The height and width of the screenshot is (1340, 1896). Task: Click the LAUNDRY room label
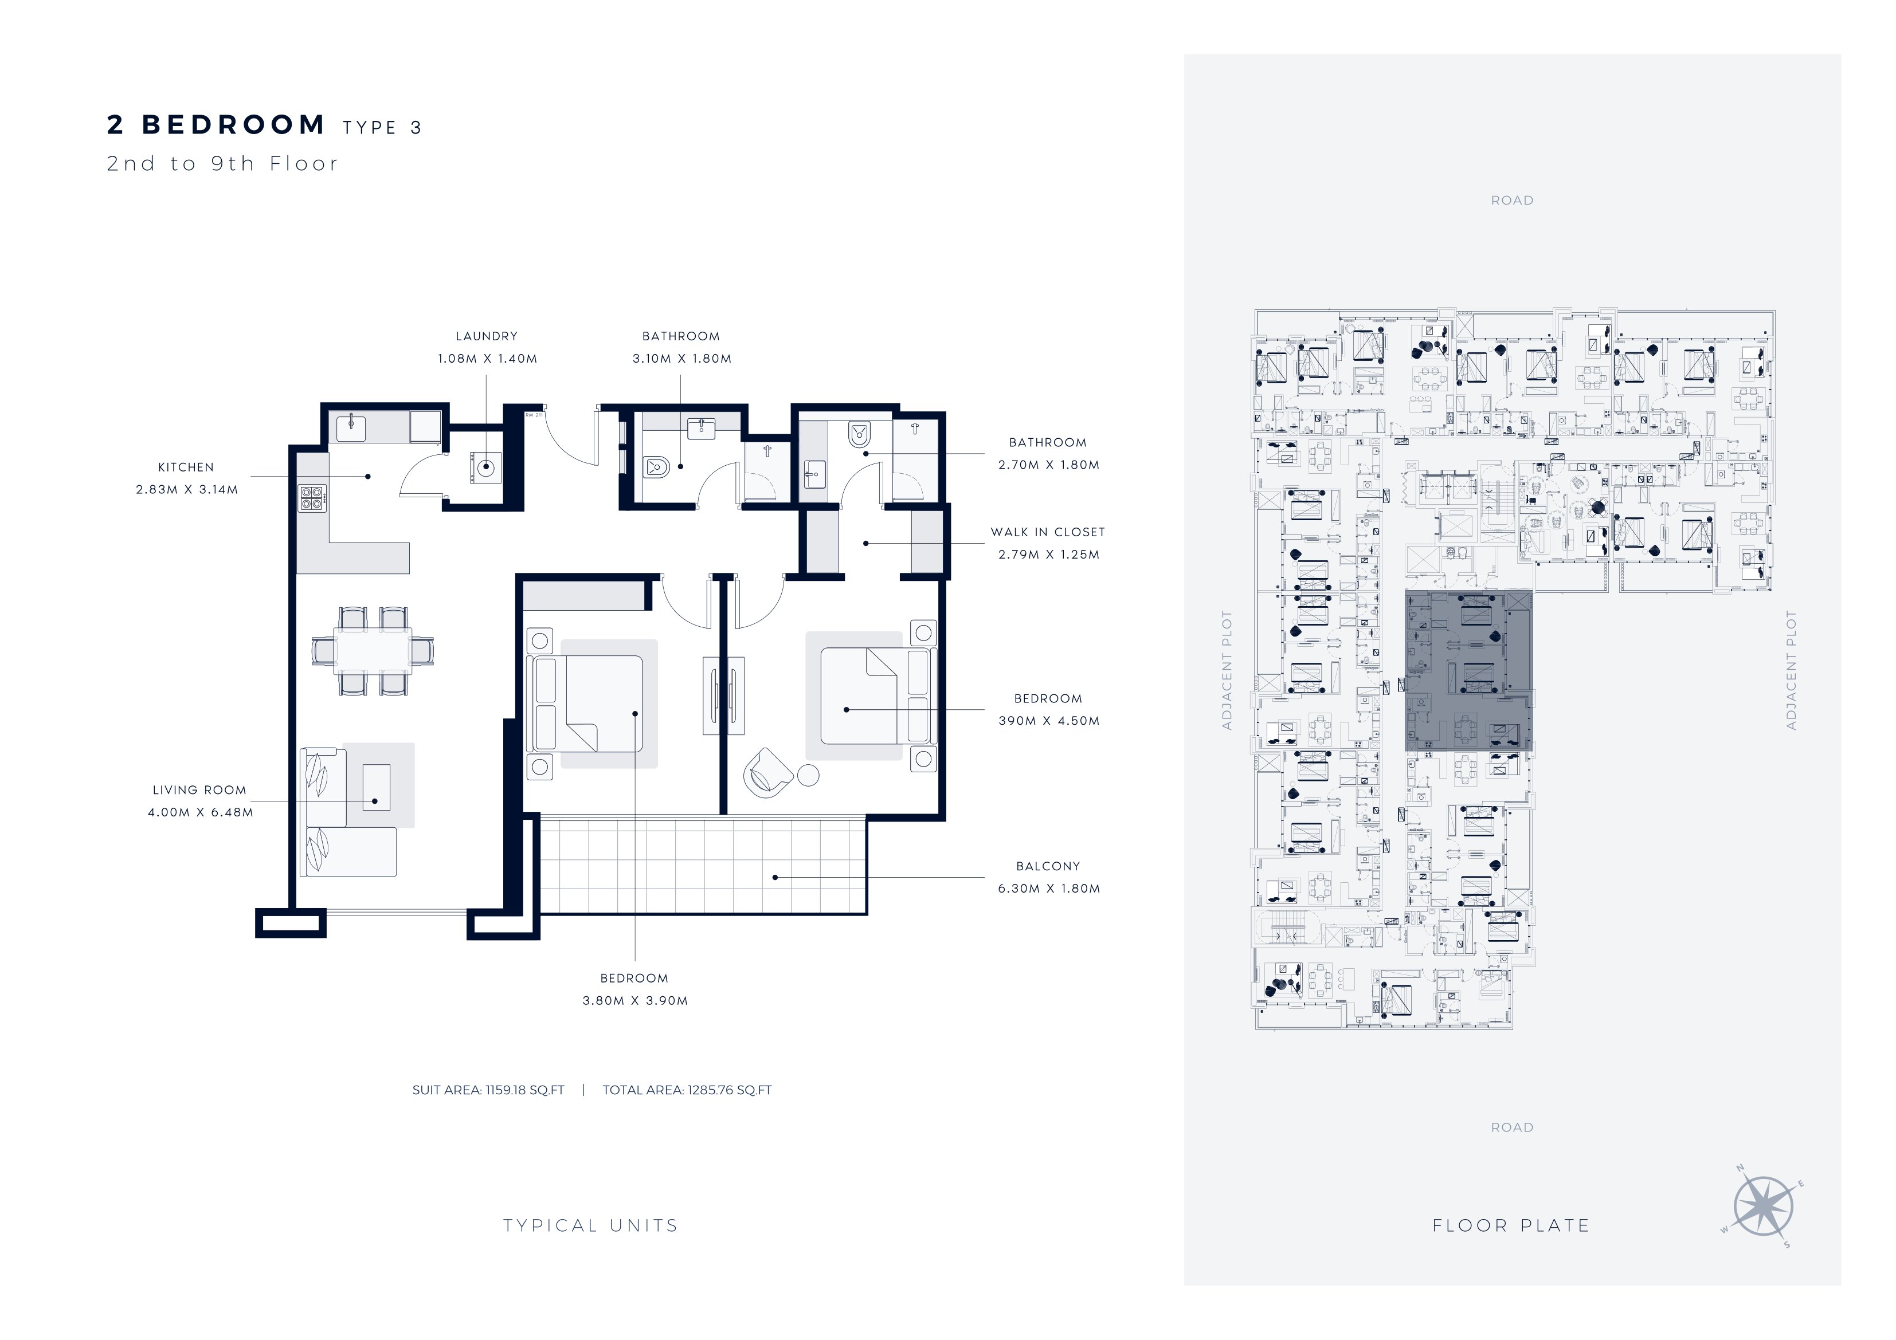click(x=487, y=336)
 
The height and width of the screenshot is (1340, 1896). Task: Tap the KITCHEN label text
click(x=186, y=467)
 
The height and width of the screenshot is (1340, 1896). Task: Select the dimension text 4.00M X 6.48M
click(x=201, y=812)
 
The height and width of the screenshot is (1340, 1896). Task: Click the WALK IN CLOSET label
click(x=1048, y=533)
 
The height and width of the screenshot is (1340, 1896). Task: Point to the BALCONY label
click(x=1048, y=866)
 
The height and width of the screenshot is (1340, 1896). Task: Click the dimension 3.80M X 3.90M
click(x=635, y=1001)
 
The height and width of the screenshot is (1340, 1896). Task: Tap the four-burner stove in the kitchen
click(x=311, y=497)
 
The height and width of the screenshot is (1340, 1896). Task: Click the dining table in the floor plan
click(x=373, y=651)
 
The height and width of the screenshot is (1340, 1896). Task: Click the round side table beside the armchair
click(x=808, y=775)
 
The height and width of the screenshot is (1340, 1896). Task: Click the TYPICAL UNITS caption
click(x=590, y=1226)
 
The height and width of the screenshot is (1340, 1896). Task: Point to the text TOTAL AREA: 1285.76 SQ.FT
click(x=687, y=1090)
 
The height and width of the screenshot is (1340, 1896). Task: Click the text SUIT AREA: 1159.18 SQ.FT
click(x=488, y=1090)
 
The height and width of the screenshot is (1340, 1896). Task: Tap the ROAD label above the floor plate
click(x=1512, y=201)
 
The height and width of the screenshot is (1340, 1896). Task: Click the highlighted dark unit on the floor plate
click(x=1468, y=670)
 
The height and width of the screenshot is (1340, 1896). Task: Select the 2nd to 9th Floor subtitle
click(x=222, y=163)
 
